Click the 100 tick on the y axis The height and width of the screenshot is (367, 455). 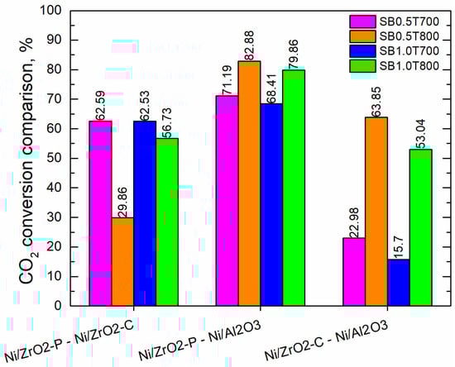pos(52,12)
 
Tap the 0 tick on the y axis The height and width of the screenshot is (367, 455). pos(59,305)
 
